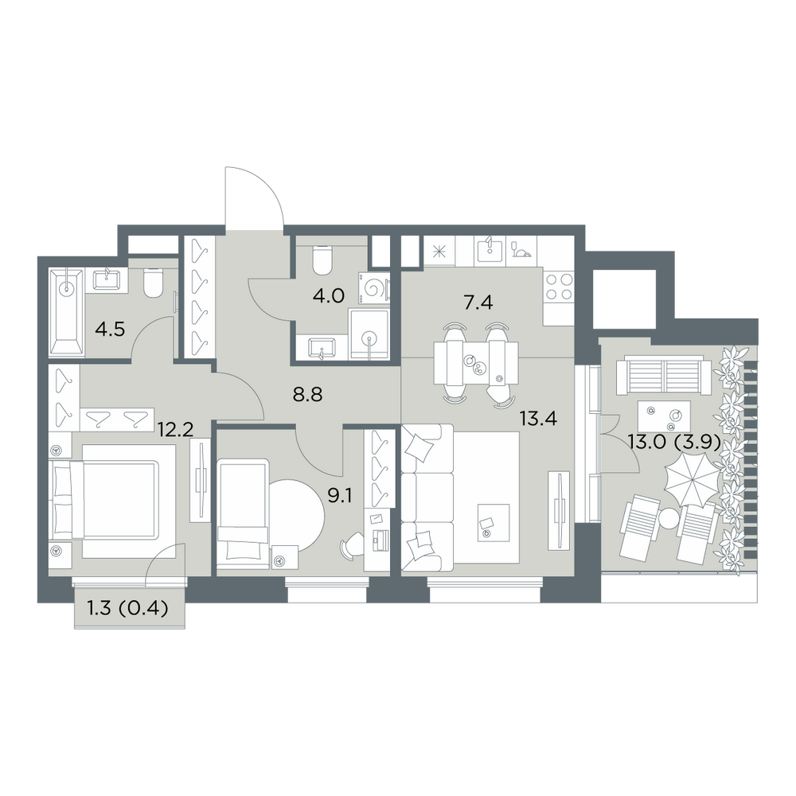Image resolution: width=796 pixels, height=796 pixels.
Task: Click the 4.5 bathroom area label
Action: click(x=110, y=330)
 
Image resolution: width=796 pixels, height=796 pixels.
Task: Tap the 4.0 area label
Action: click(x=330, y=295)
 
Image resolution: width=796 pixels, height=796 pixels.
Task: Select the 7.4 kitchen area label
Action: click(x=478, y=303)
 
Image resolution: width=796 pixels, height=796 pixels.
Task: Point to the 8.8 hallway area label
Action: click(x=308, y=395)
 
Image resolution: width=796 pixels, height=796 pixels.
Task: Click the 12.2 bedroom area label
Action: click(x=176, y=431)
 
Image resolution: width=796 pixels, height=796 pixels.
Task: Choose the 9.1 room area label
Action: click(x=340, y=495)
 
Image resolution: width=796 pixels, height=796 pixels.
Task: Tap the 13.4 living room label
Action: click(x=538, y=419)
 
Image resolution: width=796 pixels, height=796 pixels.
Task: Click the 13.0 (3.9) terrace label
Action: click(x=675, y=443)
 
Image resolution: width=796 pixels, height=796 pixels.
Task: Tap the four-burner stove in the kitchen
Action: click(x=559, y=287)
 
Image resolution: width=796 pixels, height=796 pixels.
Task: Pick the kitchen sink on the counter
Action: click(x=489, y=251)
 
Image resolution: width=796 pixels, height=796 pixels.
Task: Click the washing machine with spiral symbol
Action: click(x=374, y=289)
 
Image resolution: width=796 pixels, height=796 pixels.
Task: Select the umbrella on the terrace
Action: click(x=692, y=478)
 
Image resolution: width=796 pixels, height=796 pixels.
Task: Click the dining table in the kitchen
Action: click(x=476, y=364)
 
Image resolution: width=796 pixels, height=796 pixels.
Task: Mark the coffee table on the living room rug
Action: click(x=494, y=523)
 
